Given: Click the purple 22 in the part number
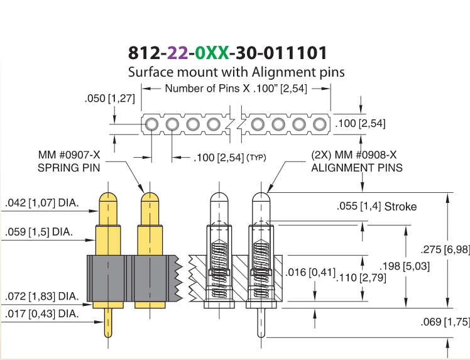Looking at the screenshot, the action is (x=177, y=53).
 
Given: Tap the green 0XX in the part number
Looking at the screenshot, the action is (x=212, y=53).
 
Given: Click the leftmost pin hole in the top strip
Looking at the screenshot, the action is (x=151, y=124).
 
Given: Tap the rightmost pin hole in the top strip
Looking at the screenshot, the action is (x=320, y=124).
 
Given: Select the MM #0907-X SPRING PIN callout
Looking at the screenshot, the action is (x=69, y=161).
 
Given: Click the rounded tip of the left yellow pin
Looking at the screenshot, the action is (x=108, y=197).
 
